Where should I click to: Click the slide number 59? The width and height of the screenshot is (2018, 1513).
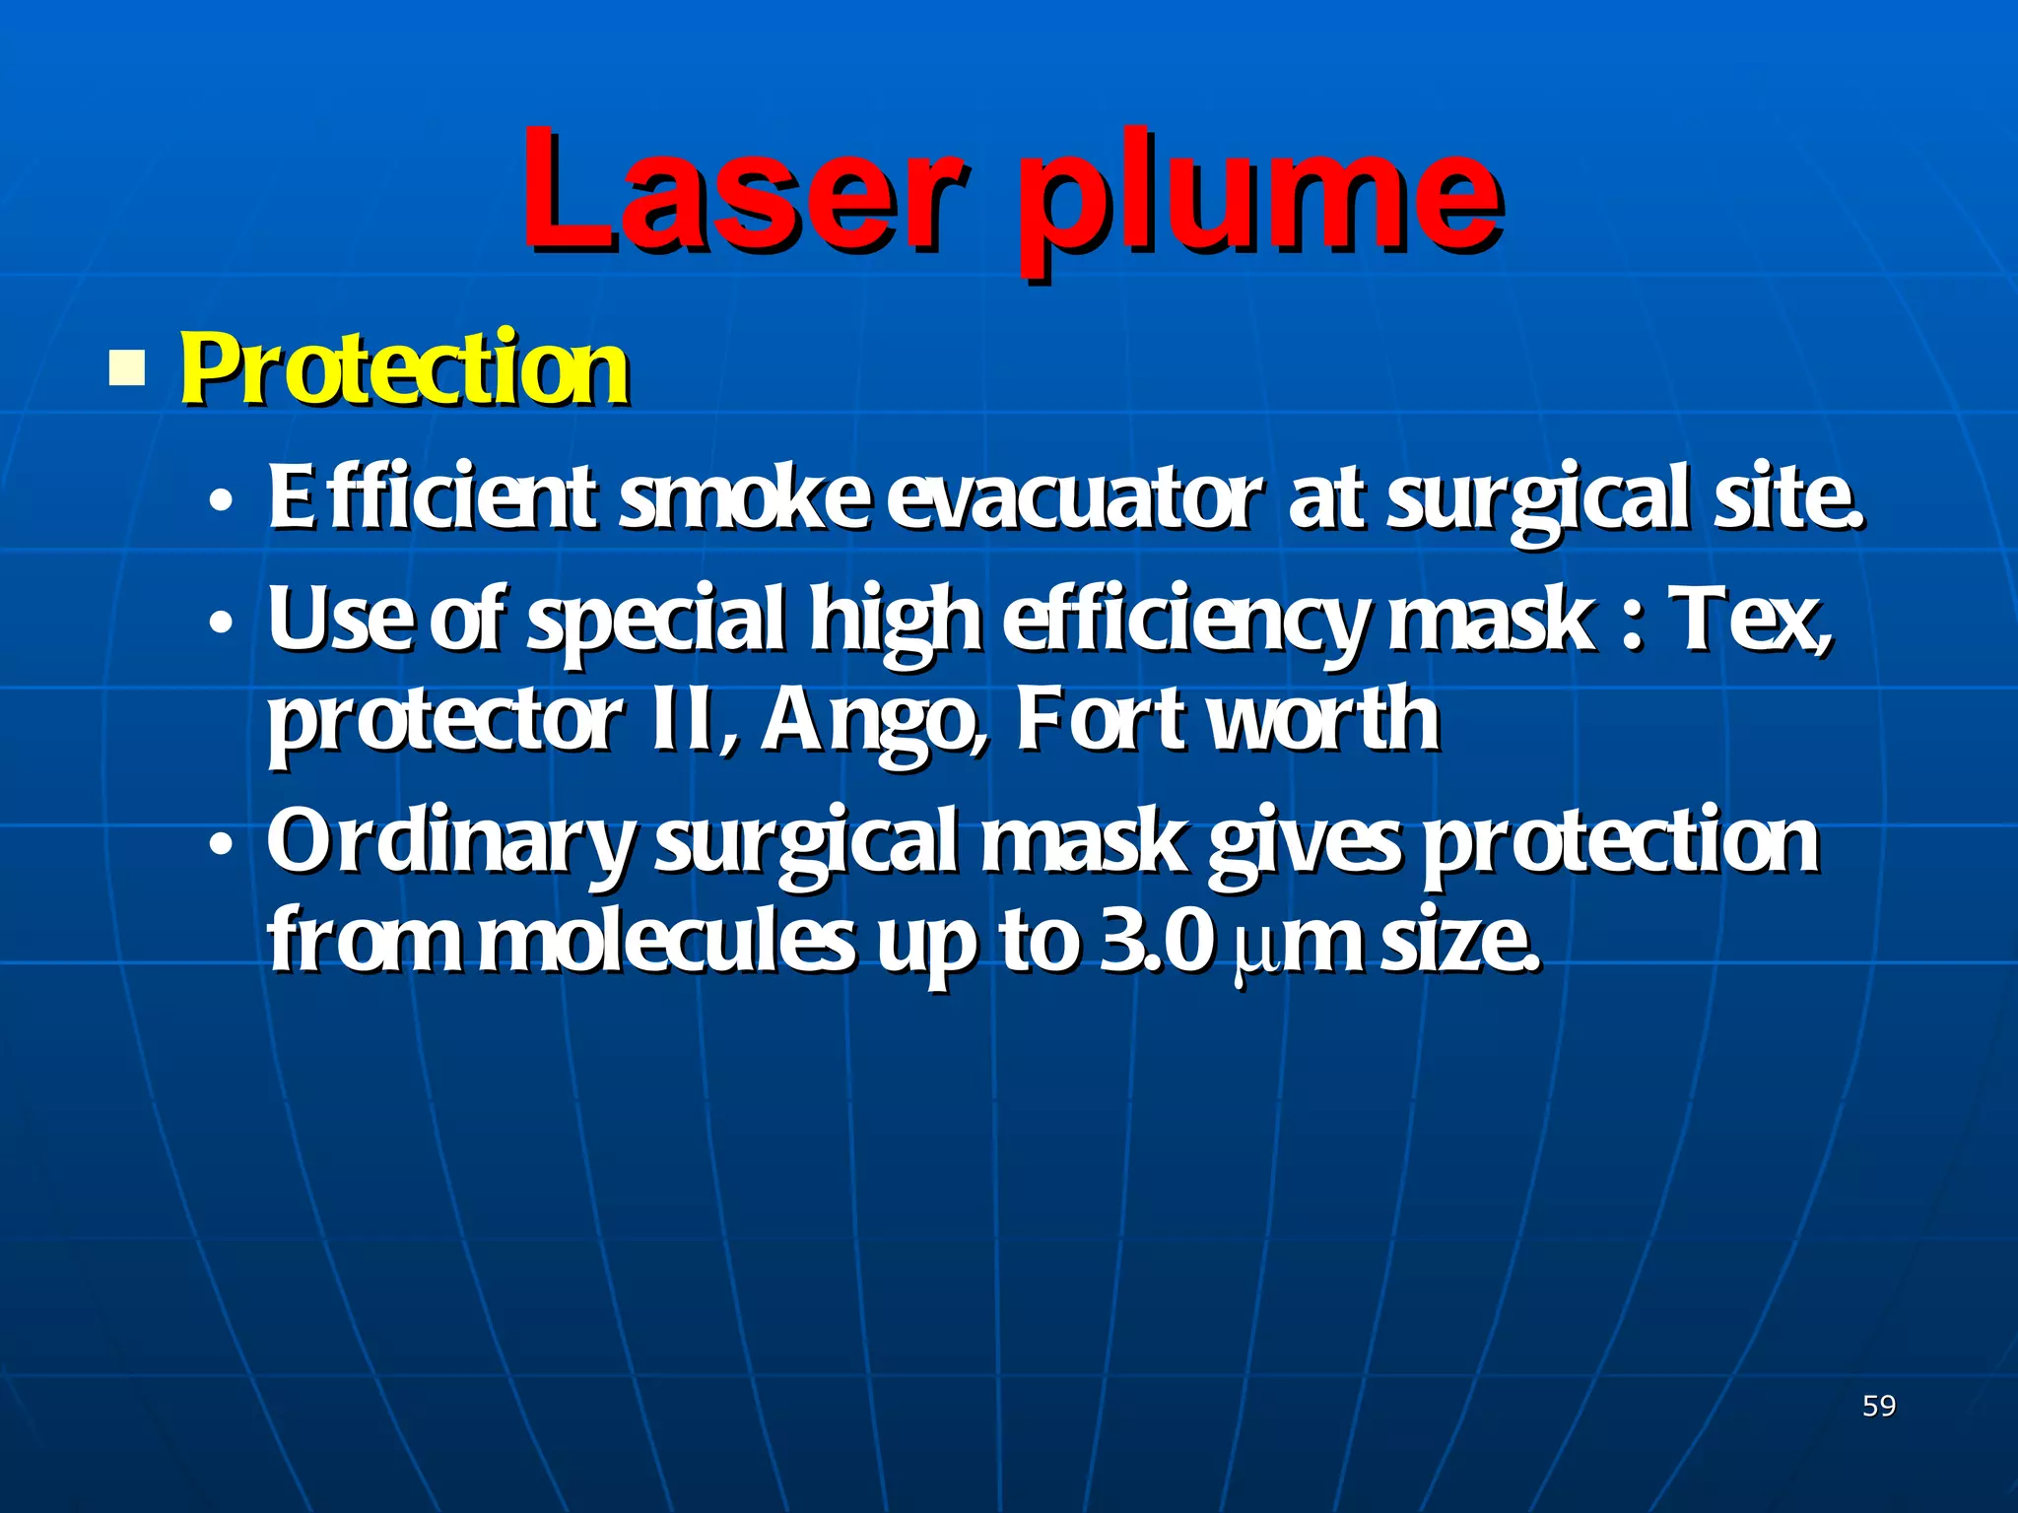pyautogui.click(x=1879, y=1406)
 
